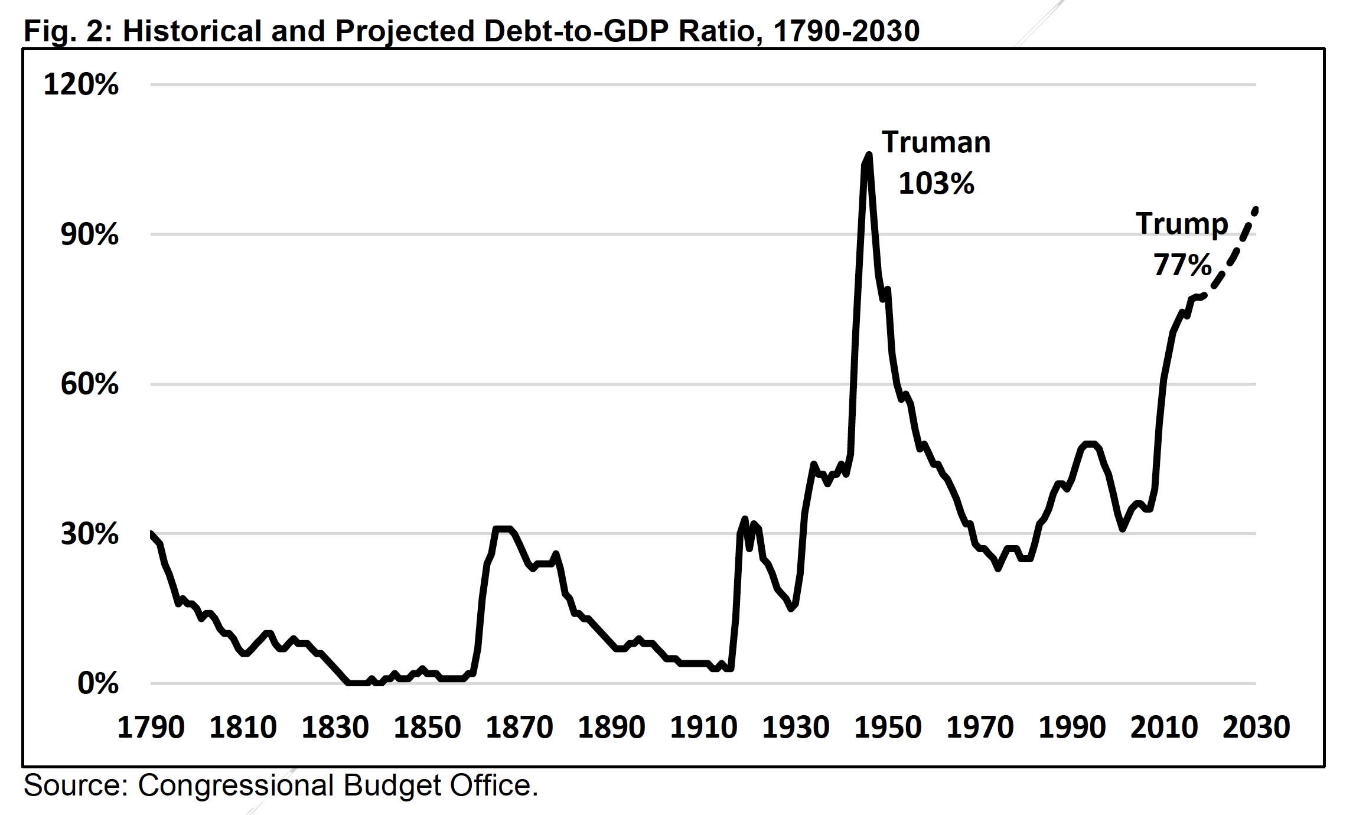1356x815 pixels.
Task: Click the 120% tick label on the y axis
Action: (81, 84)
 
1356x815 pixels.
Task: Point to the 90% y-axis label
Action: (89, 234)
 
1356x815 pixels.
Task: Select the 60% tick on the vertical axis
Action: (89, 384)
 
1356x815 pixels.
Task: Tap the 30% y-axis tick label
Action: (89, 534)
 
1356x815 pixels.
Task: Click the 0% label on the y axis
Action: (98, 683)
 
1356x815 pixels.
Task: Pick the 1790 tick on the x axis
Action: (151, 727)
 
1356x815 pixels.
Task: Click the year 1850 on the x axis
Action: (427, 727)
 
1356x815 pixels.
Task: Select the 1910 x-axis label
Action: (703, 727)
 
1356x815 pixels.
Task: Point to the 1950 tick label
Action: (888, 727)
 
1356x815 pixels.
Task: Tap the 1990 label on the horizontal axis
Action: (1072, 727)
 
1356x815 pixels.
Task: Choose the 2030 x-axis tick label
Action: (1256, 727)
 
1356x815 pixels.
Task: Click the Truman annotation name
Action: (936, 142)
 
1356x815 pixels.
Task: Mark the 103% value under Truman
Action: (936, 184)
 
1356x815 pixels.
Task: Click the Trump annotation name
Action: (1182, 224)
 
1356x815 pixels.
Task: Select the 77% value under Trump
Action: (1182, 265)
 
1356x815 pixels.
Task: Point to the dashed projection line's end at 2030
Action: (1256, 210)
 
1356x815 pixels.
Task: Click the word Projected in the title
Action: (405, 31)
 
